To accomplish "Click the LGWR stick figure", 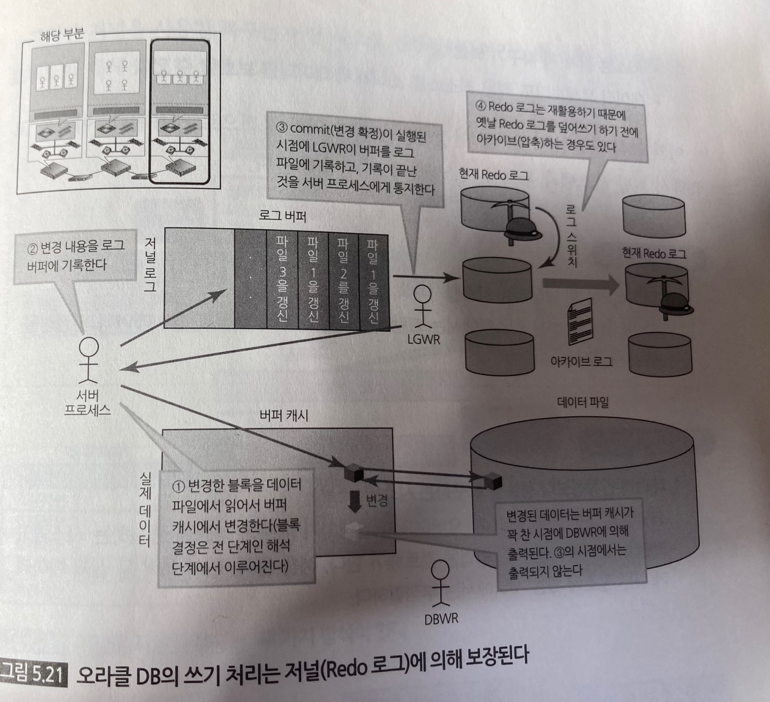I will (423, 306).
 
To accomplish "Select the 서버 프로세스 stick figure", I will (89, 360).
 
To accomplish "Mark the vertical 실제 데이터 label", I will (145, 507).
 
